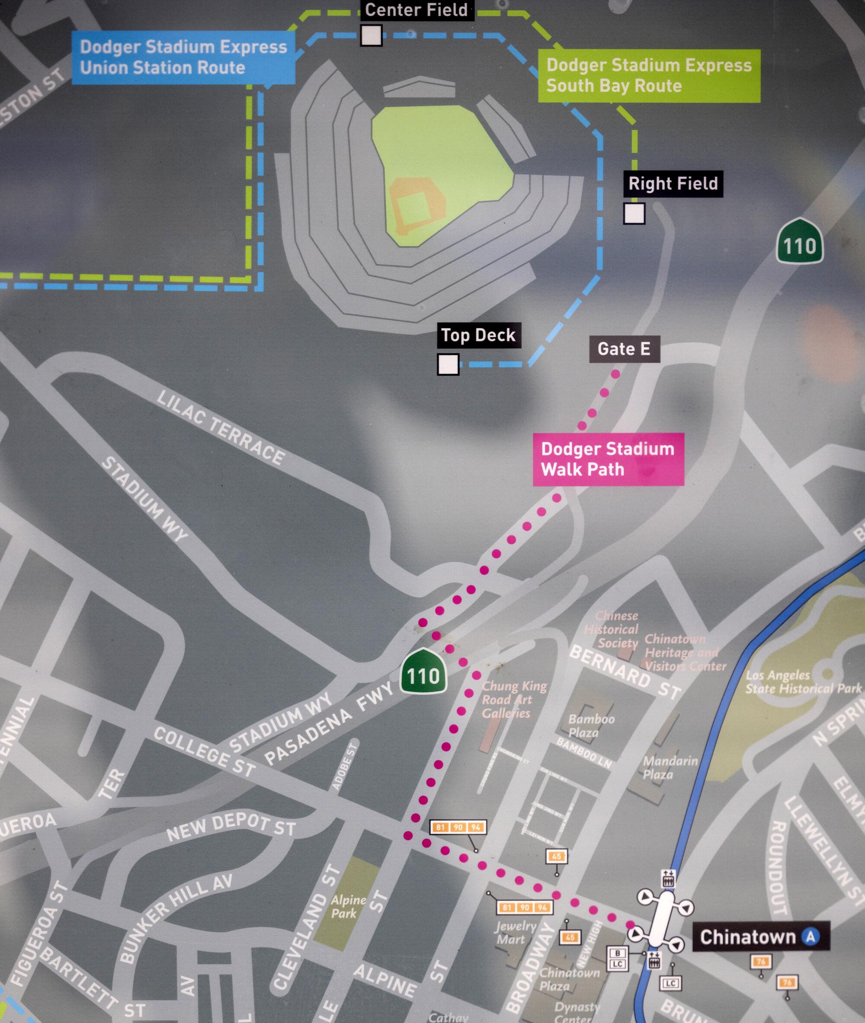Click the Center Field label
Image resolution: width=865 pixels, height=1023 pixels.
click(x=416, y=10)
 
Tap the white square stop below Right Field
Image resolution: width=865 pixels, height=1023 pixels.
click(x=634, y=213)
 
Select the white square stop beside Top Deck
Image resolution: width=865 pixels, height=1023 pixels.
click(x=448, y=364)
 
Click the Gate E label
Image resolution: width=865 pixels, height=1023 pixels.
click(x=624, y=349)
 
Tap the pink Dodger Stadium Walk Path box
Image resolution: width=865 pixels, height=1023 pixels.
click(x=608, y=459)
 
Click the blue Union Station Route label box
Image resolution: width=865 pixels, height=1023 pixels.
click(x=183, y=58)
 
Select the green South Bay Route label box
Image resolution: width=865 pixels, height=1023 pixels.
click(x=649, y=76)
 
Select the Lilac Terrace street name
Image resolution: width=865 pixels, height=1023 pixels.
click(x=220, y=428)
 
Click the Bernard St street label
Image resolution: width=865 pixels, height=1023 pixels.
click(x=625, y=672)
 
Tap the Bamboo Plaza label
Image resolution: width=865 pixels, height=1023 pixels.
click(x=591, y=726)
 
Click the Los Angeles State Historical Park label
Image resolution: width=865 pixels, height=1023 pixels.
click(x=803, y=682)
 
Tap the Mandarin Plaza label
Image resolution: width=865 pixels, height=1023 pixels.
click(x=670, y=767)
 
